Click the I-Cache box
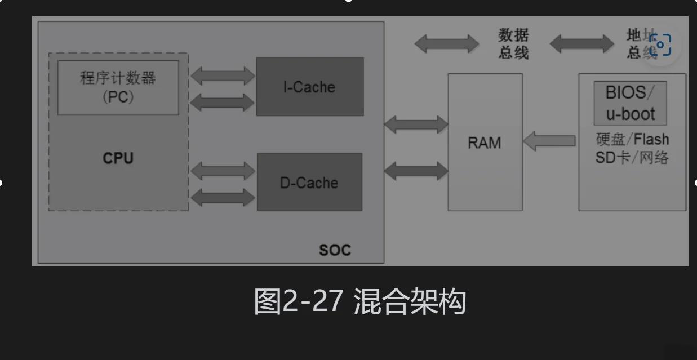coord(309,87)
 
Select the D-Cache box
coord(309,182)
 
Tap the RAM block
coord(485,143)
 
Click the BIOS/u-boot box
coord(630,103)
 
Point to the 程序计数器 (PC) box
coord(118,87)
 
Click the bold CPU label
coord(118,158)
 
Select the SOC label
coord(335,250)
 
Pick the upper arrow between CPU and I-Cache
coord(223,75)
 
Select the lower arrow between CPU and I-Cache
coord(223,102)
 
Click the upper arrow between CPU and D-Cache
coord(223,170)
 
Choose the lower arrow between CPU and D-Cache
coord(223,197)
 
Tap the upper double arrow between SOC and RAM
coord(416,124)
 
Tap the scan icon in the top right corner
coord(660,45)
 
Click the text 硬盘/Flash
coord(632,139)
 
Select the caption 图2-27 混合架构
coord(360,301)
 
